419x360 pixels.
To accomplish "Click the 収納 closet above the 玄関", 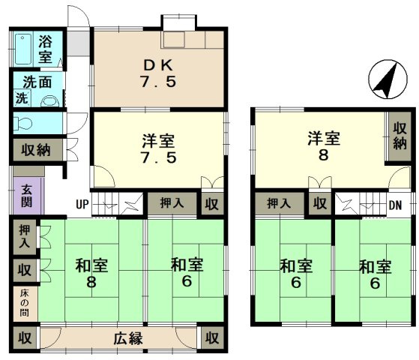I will [x=35, y=149].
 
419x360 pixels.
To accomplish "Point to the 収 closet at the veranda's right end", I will [x=211, y=338].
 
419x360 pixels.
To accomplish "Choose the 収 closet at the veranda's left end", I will [x=25, y=338].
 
